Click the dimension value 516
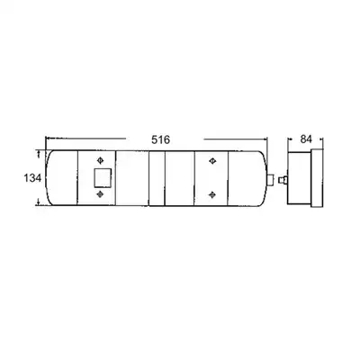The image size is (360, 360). [160, 139]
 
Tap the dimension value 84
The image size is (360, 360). [306, 139]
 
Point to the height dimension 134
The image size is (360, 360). [32, 178]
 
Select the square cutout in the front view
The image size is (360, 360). [103, 177]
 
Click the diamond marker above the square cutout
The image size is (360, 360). [100, 160]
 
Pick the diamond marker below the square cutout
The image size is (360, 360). [100, 194]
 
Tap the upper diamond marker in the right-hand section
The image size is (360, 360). [212, 161]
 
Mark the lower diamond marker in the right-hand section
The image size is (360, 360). [212, 194]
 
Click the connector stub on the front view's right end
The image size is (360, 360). [270, 179]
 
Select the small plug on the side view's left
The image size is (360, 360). [283, 180]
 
